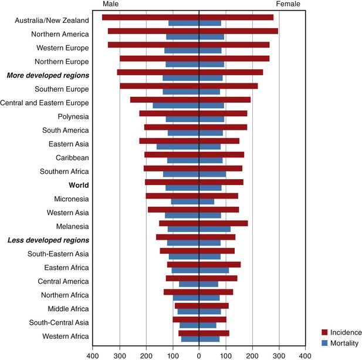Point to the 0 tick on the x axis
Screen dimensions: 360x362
199,355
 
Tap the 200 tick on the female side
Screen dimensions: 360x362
252,355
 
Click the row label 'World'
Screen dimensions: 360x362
78,185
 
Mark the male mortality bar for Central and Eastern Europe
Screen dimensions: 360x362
176,106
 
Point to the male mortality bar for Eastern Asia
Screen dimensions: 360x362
178,147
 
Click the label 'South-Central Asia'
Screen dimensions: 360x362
58,322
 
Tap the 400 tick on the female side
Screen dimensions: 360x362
305,355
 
